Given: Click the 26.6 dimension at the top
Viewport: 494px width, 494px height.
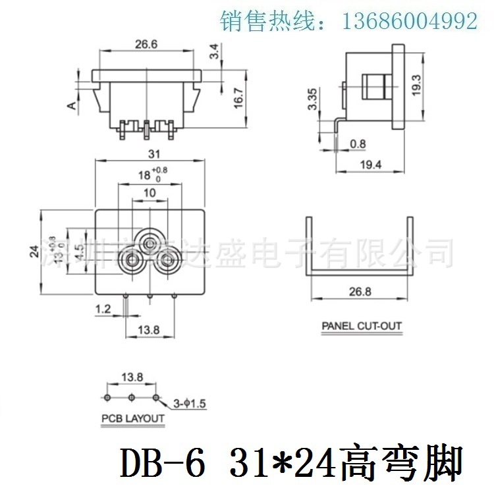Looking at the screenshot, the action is [146, 45].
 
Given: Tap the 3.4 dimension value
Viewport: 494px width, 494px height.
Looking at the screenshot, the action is [213, 51].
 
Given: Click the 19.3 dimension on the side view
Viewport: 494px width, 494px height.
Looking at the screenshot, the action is [416, 85].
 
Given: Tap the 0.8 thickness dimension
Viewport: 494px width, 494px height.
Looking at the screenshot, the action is [358, 143].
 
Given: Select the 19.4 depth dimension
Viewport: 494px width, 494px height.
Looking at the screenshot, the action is [370, 165].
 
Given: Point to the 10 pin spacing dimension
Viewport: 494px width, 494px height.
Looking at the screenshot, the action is [149, 192].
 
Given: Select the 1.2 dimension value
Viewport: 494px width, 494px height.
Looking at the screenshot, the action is [102, 308].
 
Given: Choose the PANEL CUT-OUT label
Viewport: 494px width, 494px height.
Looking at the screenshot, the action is [361, 325].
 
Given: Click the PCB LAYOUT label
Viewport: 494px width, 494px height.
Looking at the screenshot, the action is [132, 418].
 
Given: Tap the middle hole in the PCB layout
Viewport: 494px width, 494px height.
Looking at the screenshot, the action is [132, 398].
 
